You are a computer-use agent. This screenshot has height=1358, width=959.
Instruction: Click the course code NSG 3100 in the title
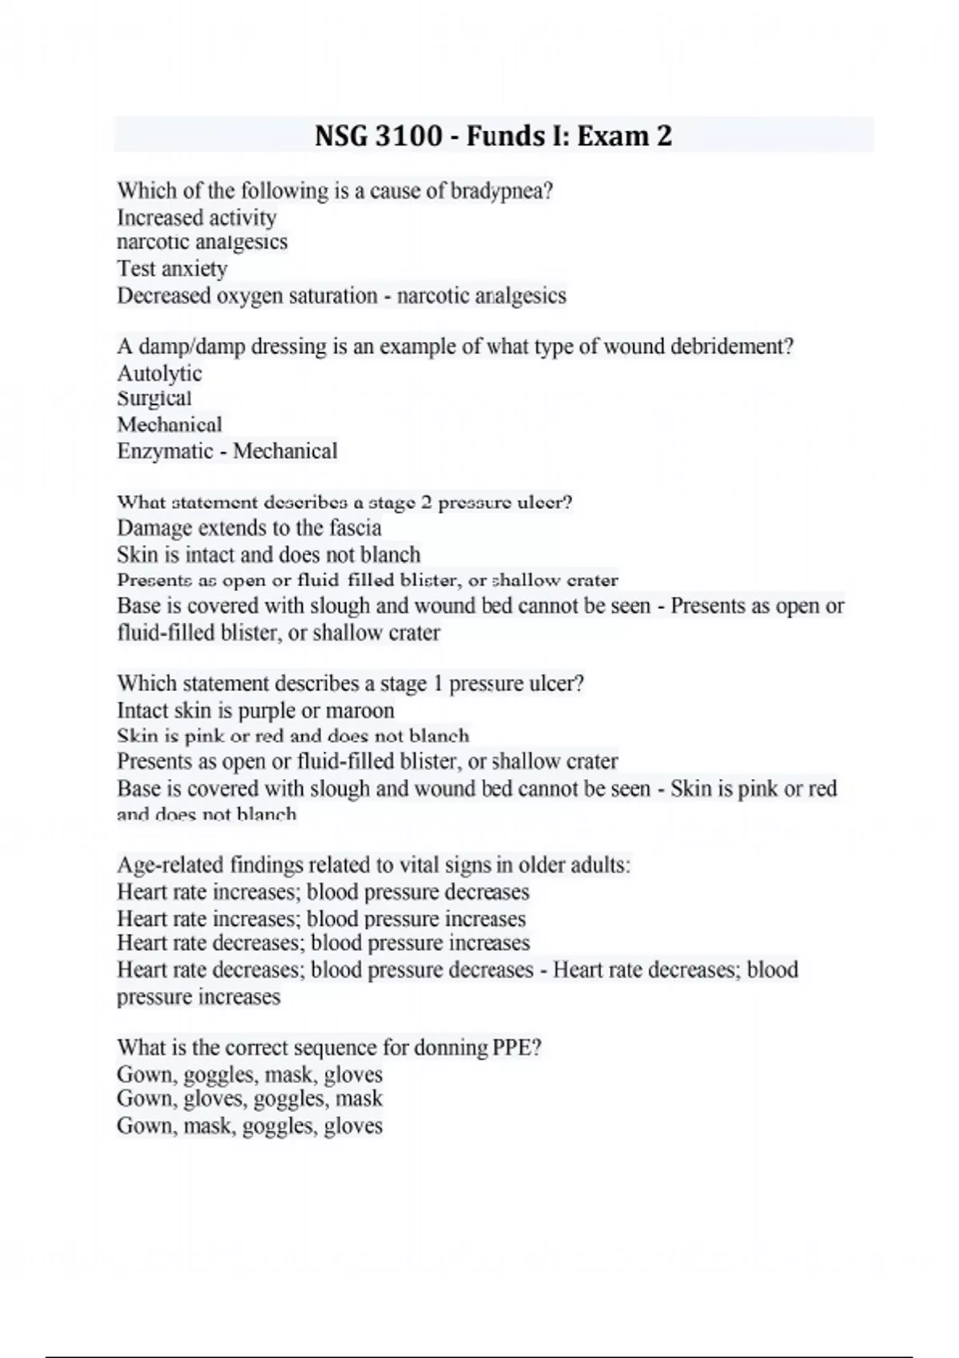(x=378, y=136)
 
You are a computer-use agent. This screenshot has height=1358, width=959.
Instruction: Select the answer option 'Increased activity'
(x=197, y=217)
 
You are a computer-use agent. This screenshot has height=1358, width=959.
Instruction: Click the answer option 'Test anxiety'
(x=172, y=268)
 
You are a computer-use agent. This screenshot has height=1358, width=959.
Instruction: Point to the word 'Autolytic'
(x=159, y=373)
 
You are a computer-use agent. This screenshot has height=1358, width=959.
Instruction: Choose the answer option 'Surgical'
(x=154, y=399)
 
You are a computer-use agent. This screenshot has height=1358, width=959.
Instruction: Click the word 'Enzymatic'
(x=165, y=451)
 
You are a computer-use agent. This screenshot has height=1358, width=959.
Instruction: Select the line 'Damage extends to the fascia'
(x=249, y=528)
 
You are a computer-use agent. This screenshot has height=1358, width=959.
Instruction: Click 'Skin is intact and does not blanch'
(x=268, y=554)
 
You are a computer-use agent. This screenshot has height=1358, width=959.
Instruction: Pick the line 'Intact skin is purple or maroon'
(x=255, y=710)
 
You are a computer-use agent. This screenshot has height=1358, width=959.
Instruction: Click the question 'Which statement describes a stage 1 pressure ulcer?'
(x=350, y=684)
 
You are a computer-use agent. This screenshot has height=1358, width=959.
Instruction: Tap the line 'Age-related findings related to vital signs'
(x=373, y=865)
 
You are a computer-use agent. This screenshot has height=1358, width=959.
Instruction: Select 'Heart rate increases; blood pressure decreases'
(x=323, y=891)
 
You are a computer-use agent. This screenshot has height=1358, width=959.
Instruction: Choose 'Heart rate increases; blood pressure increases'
(x=320, y=919)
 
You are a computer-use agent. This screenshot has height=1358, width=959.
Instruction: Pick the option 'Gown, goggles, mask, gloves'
(x=249, y=1074)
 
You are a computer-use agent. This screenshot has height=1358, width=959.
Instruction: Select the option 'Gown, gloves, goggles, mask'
(x=249, y=1099)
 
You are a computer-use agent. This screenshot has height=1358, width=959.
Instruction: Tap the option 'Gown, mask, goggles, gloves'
(x=249, y=1126)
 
